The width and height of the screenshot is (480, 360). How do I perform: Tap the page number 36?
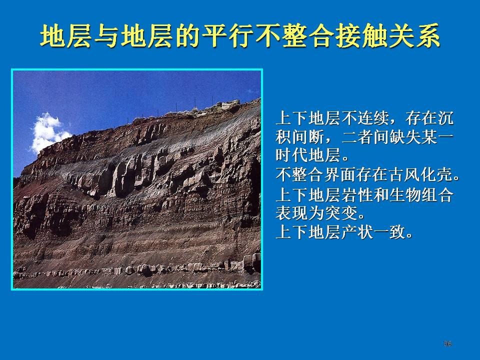(x=447, y=343)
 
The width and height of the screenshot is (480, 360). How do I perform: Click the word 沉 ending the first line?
(x=445, y=118)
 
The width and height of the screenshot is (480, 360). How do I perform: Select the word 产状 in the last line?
(x=356, y=231)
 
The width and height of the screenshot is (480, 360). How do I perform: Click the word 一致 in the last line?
(x=389, y=231)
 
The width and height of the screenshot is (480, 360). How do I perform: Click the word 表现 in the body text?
(x=291, y=213)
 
